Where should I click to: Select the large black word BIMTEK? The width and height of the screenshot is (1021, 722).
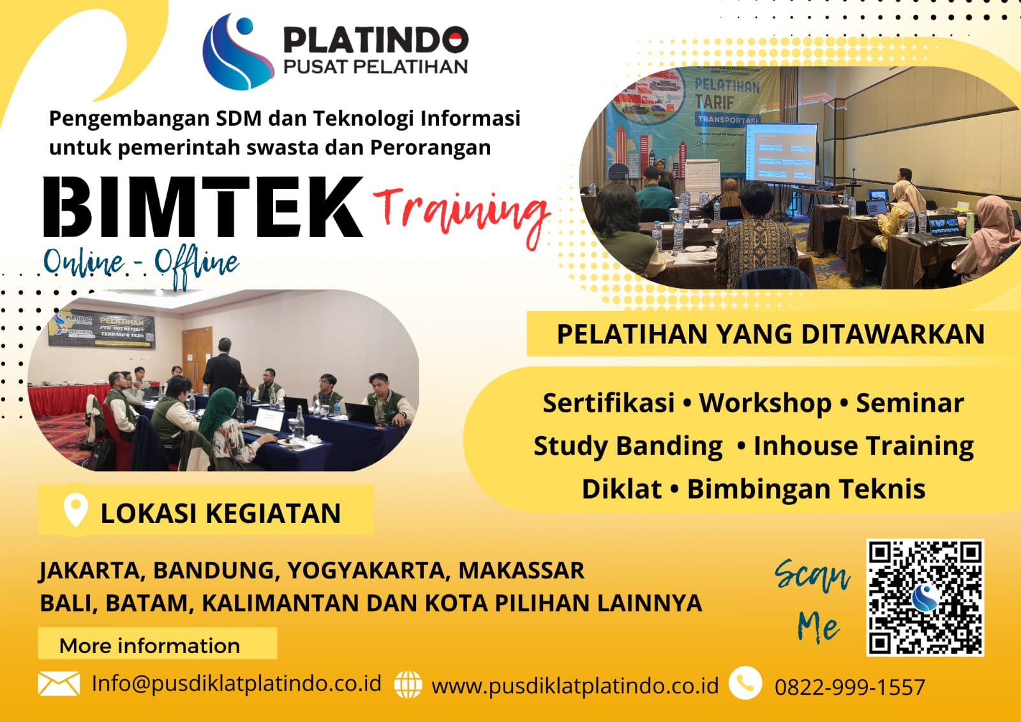tap(203, 207)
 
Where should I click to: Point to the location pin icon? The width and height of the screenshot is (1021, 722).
tap(75, 510)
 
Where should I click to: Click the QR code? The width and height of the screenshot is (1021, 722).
tap(925, 598)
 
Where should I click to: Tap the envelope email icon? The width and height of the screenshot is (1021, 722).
tap(59, 684)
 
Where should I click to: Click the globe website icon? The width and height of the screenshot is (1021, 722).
tap(408, 685)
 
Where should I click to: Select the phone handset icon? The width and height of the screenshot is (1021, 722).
tap(745, 683)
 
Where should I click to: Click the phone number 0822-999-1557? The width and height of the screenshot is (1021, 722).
tap(849, 688)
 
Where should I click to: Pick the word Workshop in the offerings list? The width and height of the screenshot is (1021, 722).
tap(765, 403)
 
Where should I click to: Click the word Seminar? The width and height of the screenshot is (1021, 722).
tap(909, 403)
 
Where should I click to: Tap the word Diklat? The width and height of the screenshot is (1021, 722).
tap(622, 489)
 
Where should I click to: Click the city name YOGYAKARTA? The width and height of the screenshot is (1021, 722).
tap(365, 570)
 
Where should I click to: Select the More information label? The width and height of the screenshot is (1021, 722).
tap(150, 645)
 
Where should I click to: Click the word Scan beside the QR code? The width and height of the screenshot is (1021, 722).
tap(812, 575)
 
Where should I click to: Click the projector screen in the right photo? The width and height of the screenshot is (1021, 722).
tap(782, 153)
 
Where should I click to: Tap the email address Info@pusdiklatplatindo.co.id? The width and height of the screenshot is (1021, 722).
tap(237, 683)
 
